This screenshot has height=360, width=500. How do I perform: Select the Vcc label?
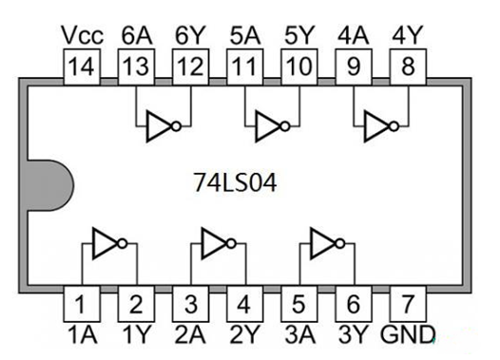(82, 35)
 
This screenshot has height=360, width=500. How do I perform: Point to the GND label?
(408, 334)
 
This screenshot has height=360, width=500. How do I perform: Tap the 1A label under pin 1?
(82, 334)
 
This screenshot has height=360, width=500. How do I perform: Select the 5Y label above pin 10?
(298, 35)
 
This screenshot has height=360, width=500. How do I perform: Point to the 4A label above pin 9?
(354, 35)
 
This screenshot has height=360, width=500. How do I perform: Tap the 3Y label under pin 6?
(354, 334)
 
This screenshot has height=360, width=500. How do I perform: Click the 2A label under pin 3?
(190, 334)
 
